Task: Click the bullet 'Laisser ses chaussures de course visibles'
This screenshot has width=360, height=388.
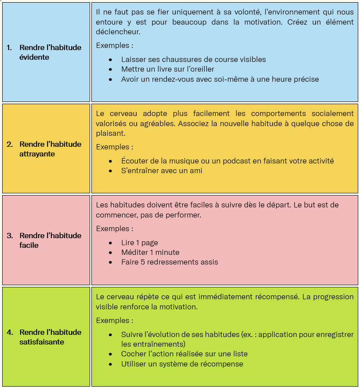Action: (193, 59)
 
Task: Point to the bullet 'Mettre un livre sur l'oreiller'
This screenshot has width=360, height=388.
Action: (167, 69)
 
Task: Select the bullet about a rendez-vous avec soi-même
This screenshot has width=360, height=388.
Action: (220, 79)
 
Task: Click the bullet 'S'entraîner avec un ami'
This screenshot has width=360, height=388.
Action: (161, 170)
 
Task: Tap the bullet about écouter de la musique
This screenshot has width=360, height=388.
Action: (227, 161)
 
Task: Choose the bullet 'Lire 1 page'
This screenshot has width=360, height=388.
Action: (139, 243)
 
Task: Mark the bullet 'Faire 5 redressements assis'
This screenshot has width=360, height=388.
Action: (169, 262)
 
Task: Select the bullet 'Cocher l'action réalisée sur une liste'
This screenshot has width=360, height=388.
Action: (184, 354)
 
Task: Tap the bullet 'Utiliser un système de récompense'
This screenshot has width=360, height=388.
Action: (182, 364)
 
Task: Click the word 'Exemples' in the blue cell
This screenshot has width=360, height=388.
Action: (112, 45)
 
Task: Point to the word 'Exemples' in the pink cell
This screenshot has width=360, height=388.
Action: (112, 228)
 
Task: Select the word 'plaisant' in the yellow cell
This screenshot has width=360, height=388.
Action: (110, 133)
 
